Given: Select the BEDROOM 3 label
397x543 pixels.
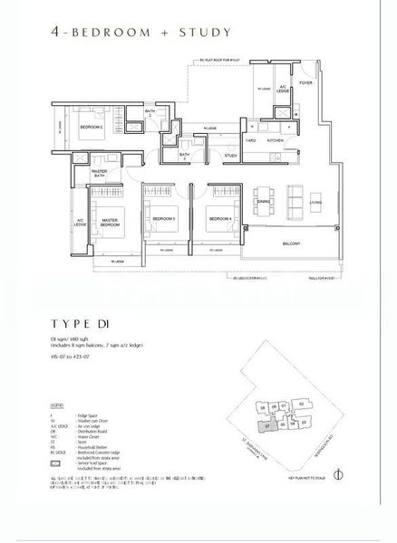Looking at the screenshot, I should tap(163, 219).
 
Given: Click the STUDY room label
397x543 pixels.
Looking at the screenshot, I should tap(231, 156).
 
